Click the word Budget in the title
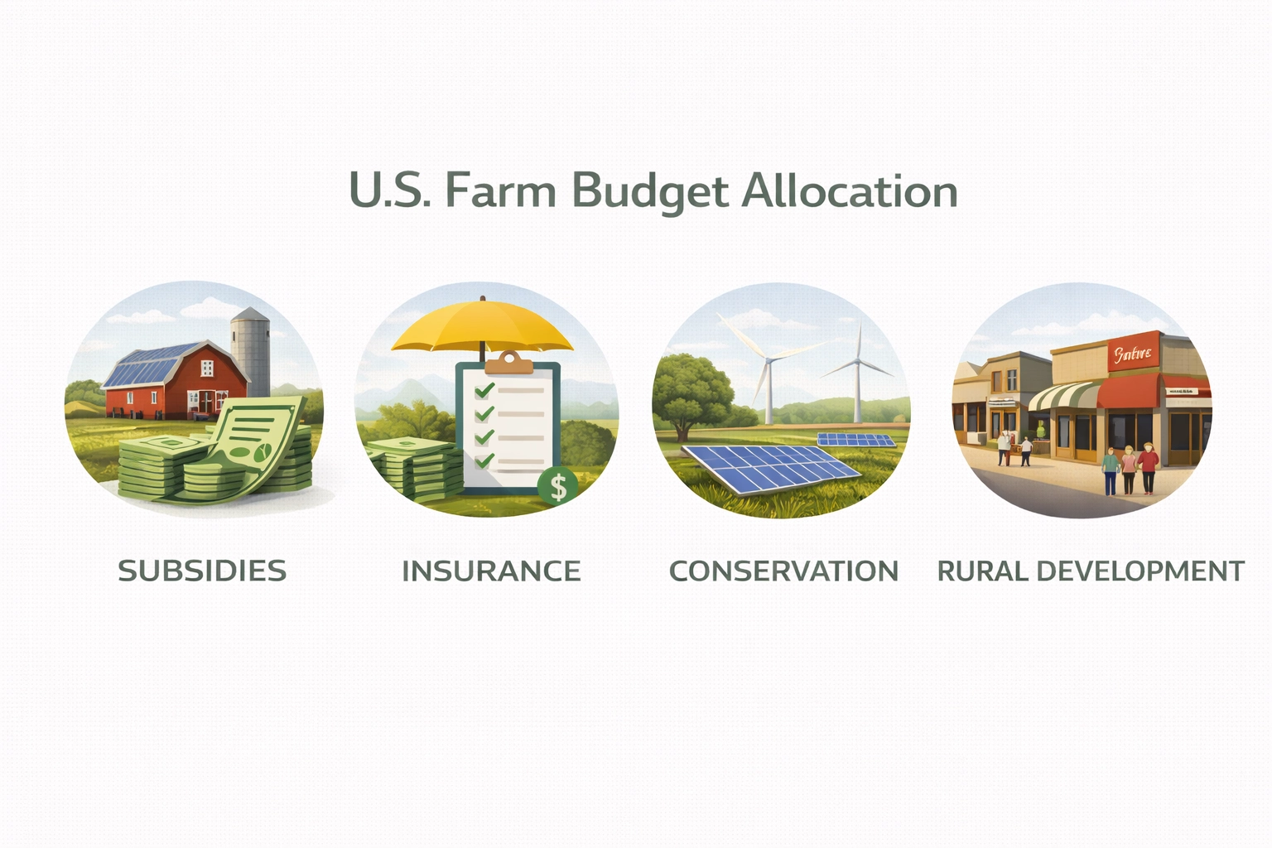click(650, 191)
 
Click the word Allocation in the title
click(850, 191)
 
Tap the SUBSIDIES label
click(202, 571)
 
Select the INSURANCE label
click(491, 571)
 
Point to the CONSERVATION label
click(783, 571)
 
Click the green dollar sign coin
click(557, 486)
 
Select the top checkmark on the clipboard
click(484, 389)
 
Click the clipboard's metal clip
click(508, 362)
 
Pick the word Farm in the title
click(500, 191)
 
